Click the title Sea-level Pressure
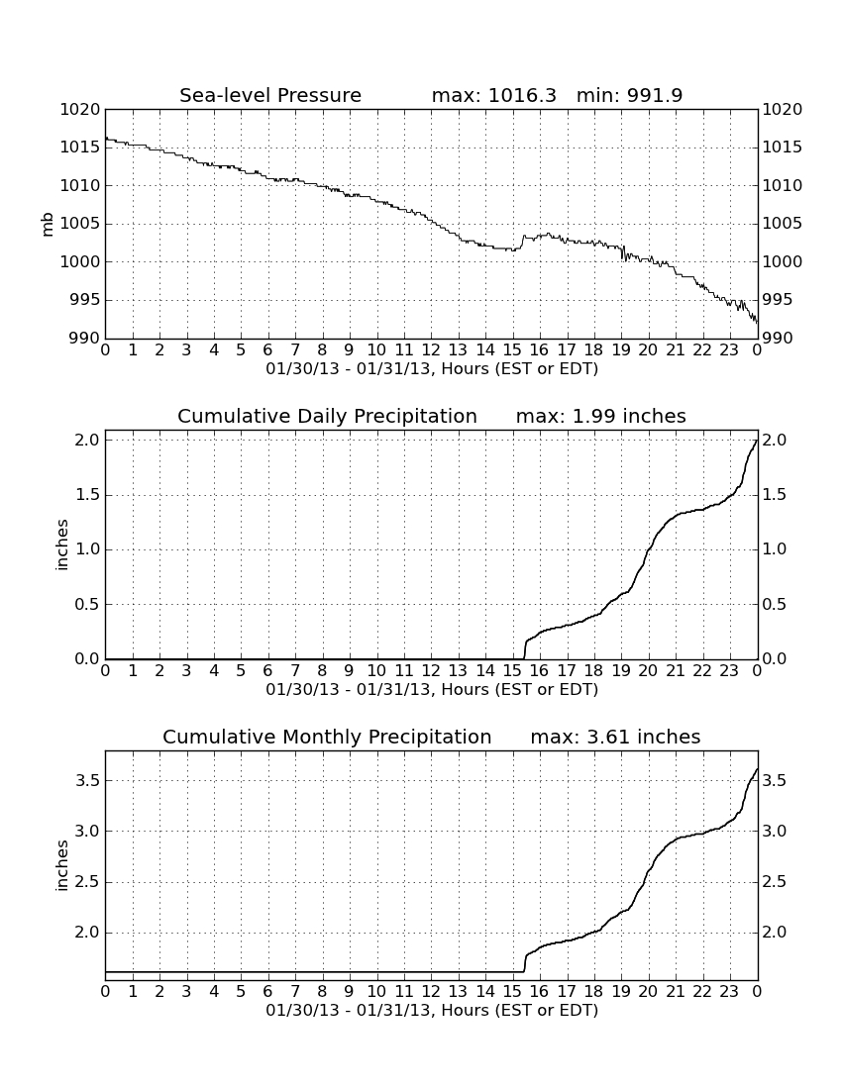tap(270, 95)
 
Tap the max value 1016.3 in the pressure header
tap(522, 95)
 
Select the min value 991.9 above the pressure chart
tap(655, 95)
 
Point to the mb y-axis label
tap(48, 225)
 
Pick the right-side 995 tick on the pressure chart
tap(783, 300)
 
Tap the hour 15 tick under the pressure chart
tap(512, 350)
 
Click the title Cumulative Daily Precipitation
tap(327, 416)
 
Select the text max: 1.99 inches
tap(601, 416)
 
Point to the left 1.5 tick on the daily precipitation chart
tap(87, 495)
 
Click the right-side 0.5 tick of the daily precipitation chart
tap(775, 604)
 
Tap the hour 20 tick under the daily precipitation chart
tap(648, 671)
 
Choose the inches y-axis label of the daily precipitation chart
tap(62, 545)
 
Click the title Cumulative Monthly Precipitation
tap(327, 737)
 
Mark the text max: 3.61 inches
tap(615, 737)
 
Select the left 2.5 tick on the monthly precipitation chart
tap(87, 882)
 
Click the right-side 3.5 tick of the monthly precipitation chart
tap(775, 781)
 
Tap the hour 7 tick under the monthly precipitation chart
tap(295, 992)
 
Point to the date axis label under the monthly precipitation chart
tap(432, 1010)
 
